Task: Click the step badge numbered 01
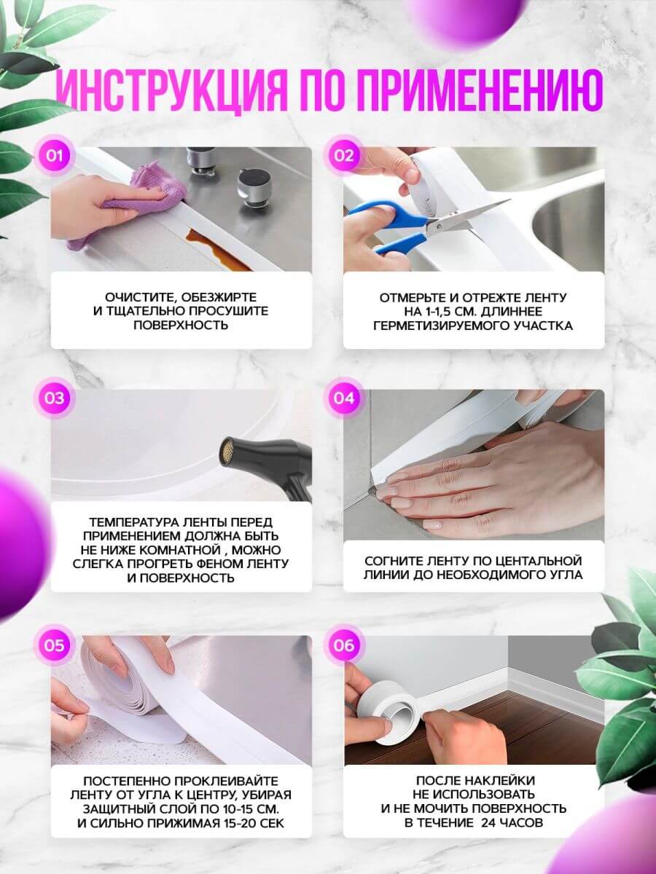pos(55,156)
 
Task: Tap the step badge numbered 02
pos(344,156)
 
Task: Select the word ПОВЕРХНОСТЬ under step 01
pos(181,325)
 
